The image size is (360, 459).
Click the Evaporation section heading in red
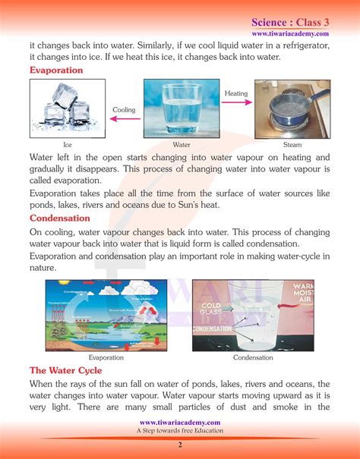tap(56, 70)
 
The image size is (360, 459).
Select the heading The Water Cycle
tap(67, 370)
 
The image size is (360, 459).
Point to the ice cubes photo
tap(62, 108)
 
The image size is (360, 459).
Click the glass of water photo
tap(182, 108)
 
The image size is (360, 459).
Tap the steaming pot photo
tap(292, 108)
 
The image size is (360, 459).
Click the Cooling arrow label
tap(124, 110)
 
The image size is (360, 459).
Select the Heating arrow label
tap(236, 93)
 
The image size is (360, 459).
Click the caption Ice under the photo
tap(68, 144)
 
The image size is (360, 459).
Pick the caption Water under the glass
tap(181, 144)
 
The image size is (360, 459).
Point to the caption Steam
tap(292, 144)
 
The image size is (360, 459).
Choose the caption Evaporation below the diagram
tap(106, 357)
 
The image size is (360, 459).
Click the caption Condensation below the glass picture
tap(254, 357)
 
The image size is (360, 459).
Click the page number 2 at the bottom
tap(180, 445)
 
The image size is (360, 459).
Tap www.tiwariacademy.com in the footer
tap(180, 422)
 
